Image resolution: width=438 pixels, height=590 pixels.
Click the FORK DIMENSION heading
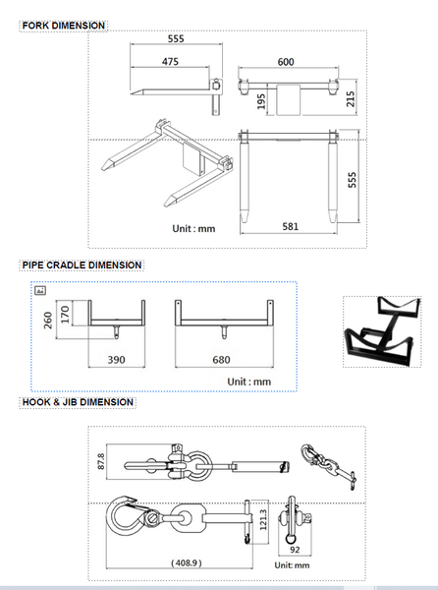coord(64,24)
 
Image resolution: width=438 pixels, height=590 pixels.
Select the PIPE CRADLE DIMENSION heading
coord(82,265)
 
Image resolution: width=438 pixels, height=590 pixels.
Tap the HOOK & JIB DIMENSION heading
coord(78,401)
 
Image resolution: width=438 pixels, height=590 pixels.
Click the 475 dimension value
coord(170,62)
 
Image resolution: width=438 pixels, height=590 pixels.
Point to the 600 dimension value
coord(286,62)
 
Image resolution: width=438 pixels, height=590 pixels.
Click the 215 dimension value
coord(351,97)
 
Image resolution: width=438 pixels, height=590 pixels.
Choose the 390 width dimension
coord(115,360)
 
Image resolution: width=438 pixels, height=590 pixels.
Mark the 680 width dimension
coord(222,360)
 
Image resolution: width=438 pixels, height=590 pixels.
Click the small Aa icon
coord(40,291)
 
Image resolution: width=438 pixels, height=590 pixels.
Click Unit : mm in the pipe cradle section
coord(248,381)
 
